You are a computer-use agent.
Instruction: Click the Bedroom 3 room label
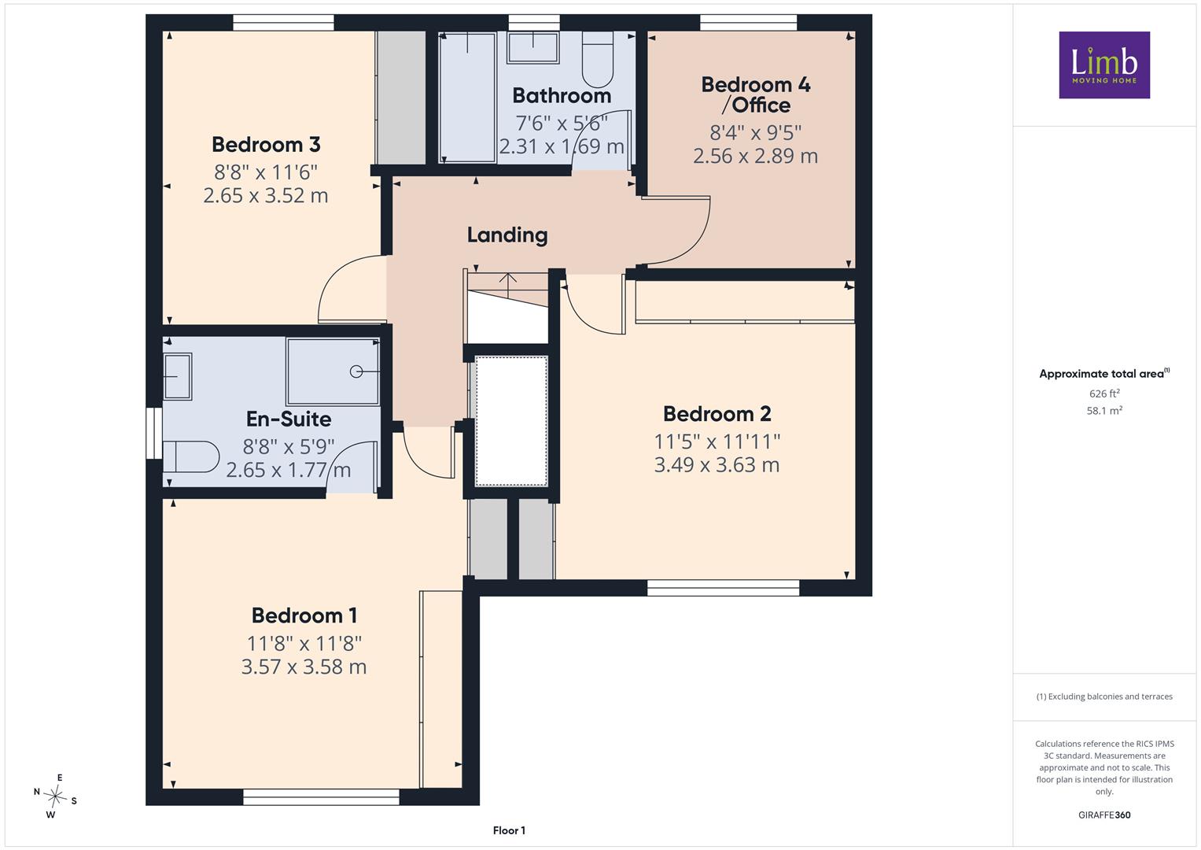coord(266,144)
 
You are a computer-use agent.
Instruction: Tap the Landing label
coord(507,235)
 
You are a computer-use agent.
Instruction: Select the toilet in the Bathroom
coord(597,59)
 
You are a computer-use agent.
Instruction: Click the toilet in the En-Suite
coord(191,456)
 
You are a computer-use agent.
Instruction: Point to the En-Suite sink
coord(178,376)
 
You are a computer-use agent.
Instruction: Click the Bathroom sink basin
coord(533,47)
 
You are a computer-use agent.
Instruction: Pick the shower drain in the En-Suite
coord(356,371)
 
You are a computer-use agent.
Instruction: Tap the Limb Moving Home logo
coord(1104,65)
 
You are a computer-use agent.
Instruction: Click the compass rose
coord(55,796)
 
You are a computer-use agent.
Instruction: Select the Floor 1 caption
coord(509,830)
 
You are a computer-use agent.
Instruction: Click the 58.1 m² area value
coord(1104,411)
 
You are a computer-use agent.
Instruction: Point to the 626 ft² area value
coord(1104,394)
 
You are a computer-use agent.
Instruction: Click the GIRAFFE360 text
coord(1104,815)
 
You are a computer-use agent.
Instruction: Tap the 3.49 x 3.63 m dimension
coord(717,464)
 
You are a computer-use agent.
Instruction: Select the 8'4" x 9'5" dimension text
coord(756,132)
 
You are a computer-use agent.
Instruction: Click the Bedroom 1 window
coord(321,796)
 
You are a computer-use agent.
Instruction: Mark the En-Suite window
coord(154,434)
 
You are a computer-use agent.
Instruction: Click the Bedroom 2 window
coord(724,588)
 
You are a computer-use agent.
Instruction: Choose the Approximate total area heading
coord(1104,374)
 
